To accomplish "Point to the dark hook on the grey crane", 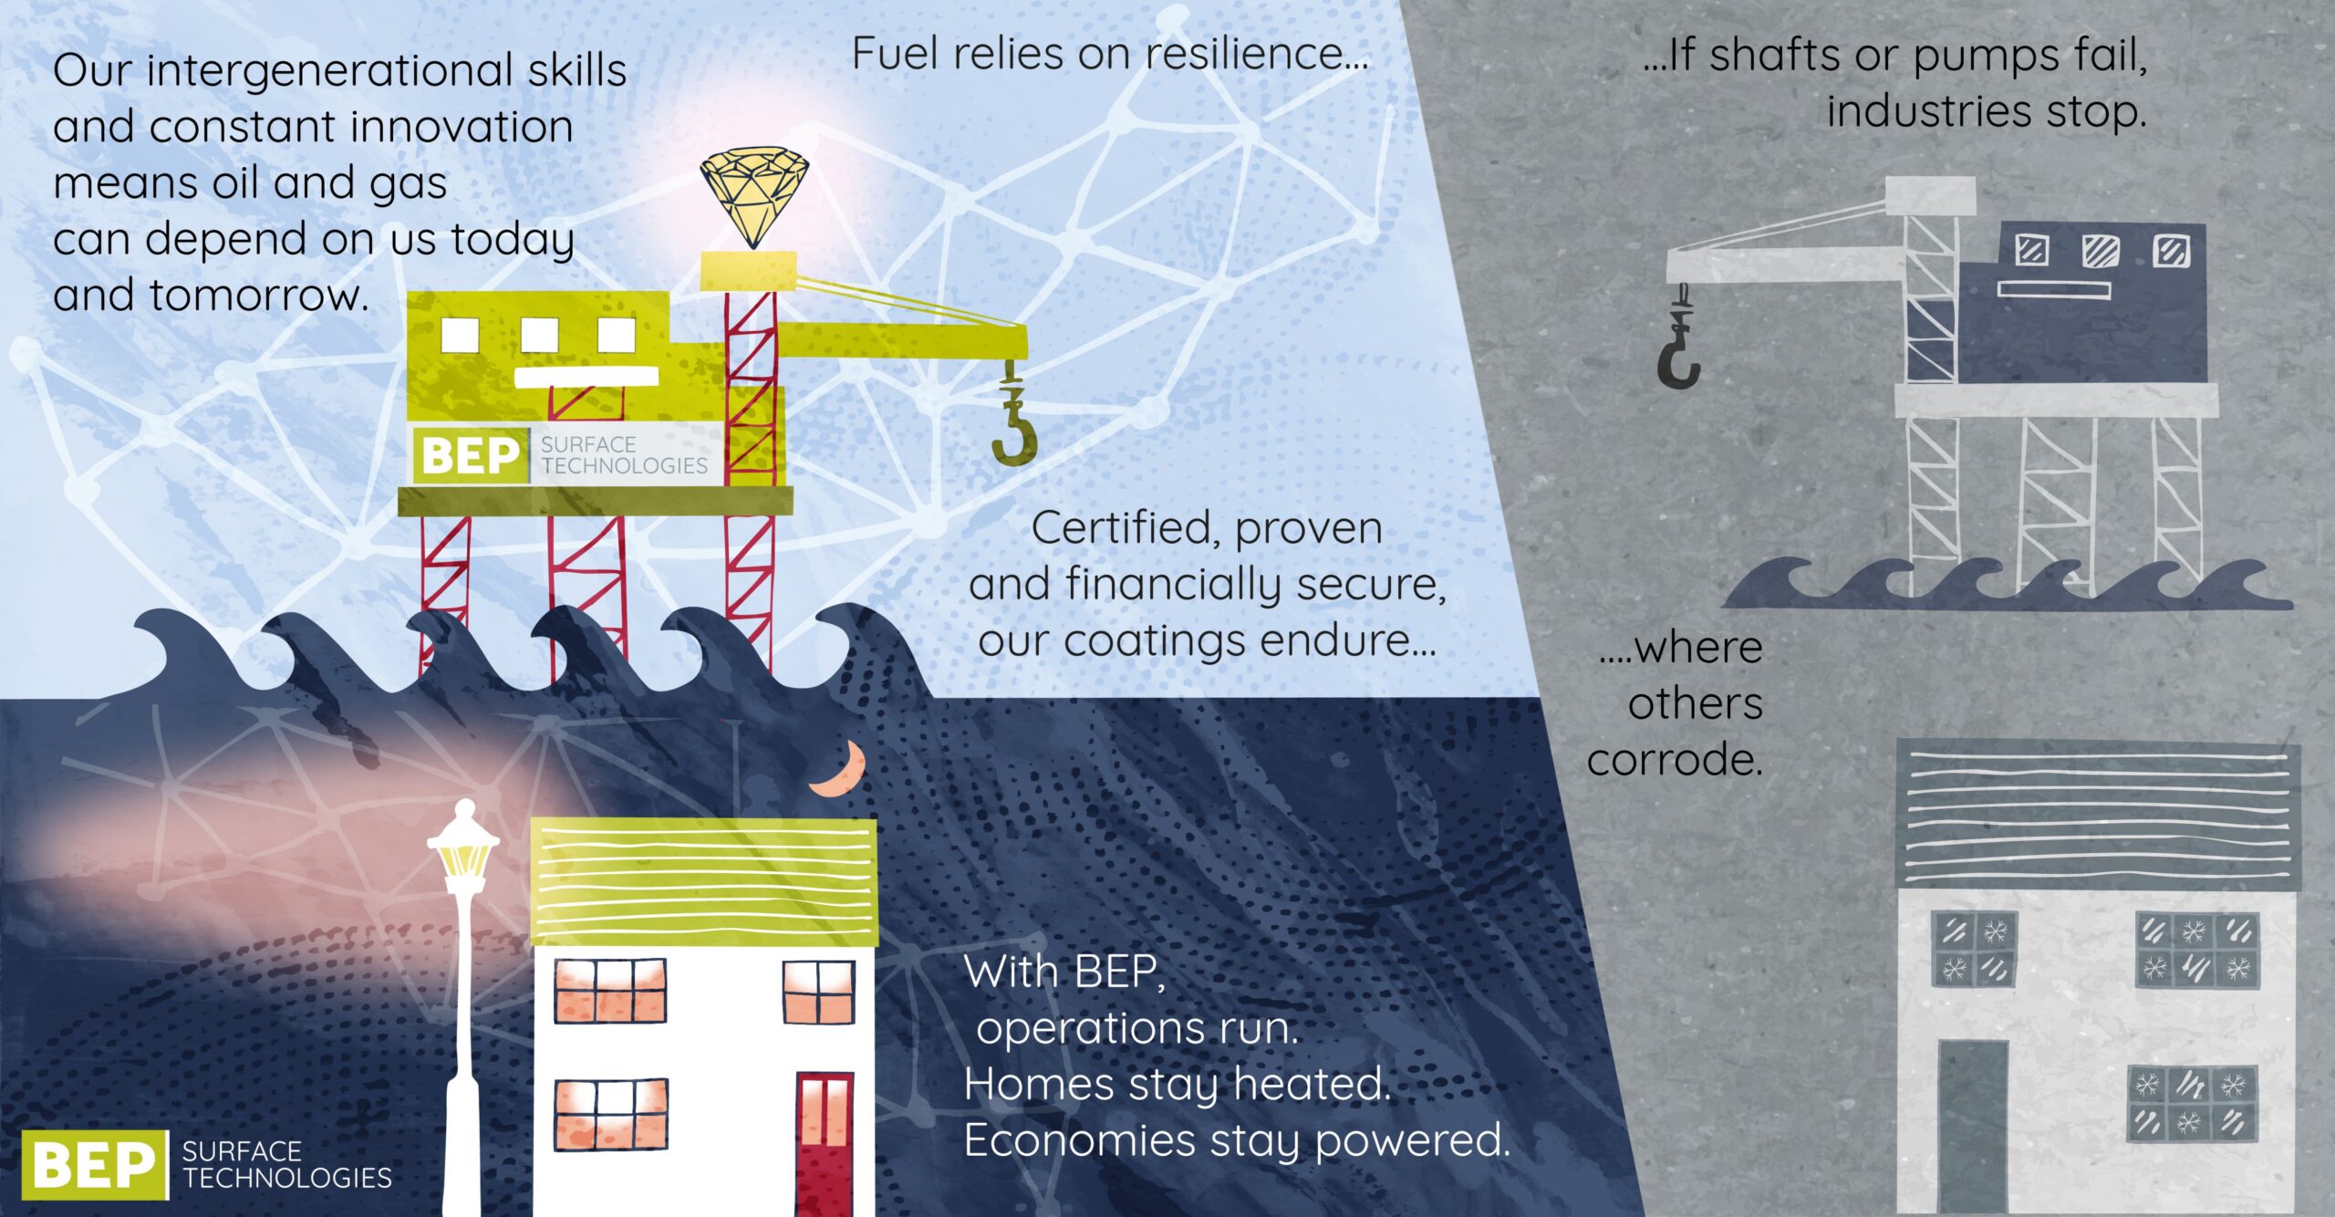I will point(1677,360).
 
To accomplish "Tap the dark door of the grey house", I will point(1971,1126).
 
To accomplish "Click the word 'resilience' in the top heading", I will point(1257,53).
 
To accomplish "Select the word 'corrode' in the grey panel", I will point(1673,760).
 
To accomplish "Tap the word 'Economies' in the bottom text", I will point(1079,1140).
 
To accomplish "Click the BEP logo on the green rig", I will point(470,454).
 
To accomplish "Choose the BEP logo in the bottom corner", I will point(94,1164).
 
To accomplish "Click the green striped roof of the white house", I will point(703,881).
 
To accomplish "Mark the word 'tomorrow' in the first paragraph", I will point(259,296).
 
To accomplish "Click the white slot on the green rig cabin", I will point(586,376).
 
